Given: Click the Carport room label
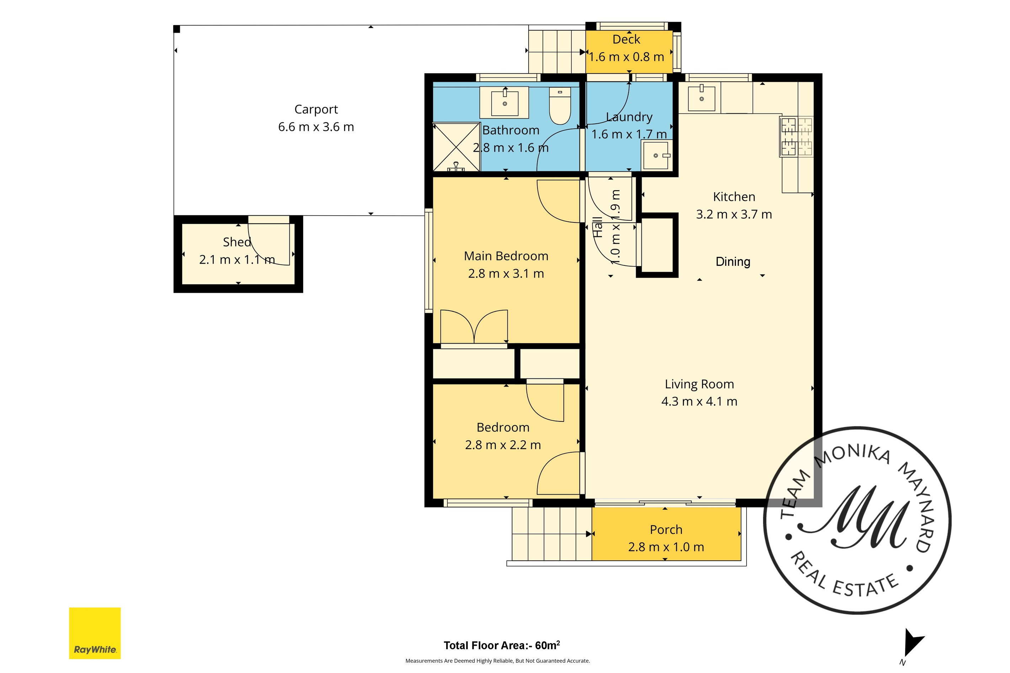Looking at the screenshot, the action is [316, 109].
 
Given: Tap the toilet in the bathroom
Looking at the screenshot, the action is [560, 106].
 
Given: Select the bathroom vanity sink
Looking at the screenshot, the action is [504, 102].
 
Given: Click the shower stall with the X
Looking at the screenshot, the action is [456, 147].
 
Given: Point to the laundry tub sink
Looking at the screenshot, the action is [655, 155].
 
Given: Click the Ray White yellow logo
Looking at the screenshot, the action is [95, 633].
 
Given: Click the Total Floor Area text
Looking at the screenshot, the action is [502, 645].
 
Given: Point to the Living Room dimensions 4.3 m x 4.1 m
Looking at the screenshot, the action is [699, 401].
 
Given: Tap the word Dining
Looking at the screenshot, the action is [733, 262].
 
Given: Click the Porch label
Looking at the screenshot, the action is [666, 530].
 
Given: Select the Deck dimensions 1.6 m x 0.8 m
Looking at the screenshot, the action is [626, 56].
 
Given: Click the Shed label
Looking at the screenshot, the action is [237, 242].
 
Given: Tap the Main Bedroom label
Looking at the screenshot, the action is [506, 256].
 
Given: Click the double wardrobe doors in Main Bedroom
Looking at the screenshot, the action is [474, 327].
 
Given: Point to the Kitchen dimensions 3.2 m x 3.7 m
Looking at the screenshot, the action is [734, 214].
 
